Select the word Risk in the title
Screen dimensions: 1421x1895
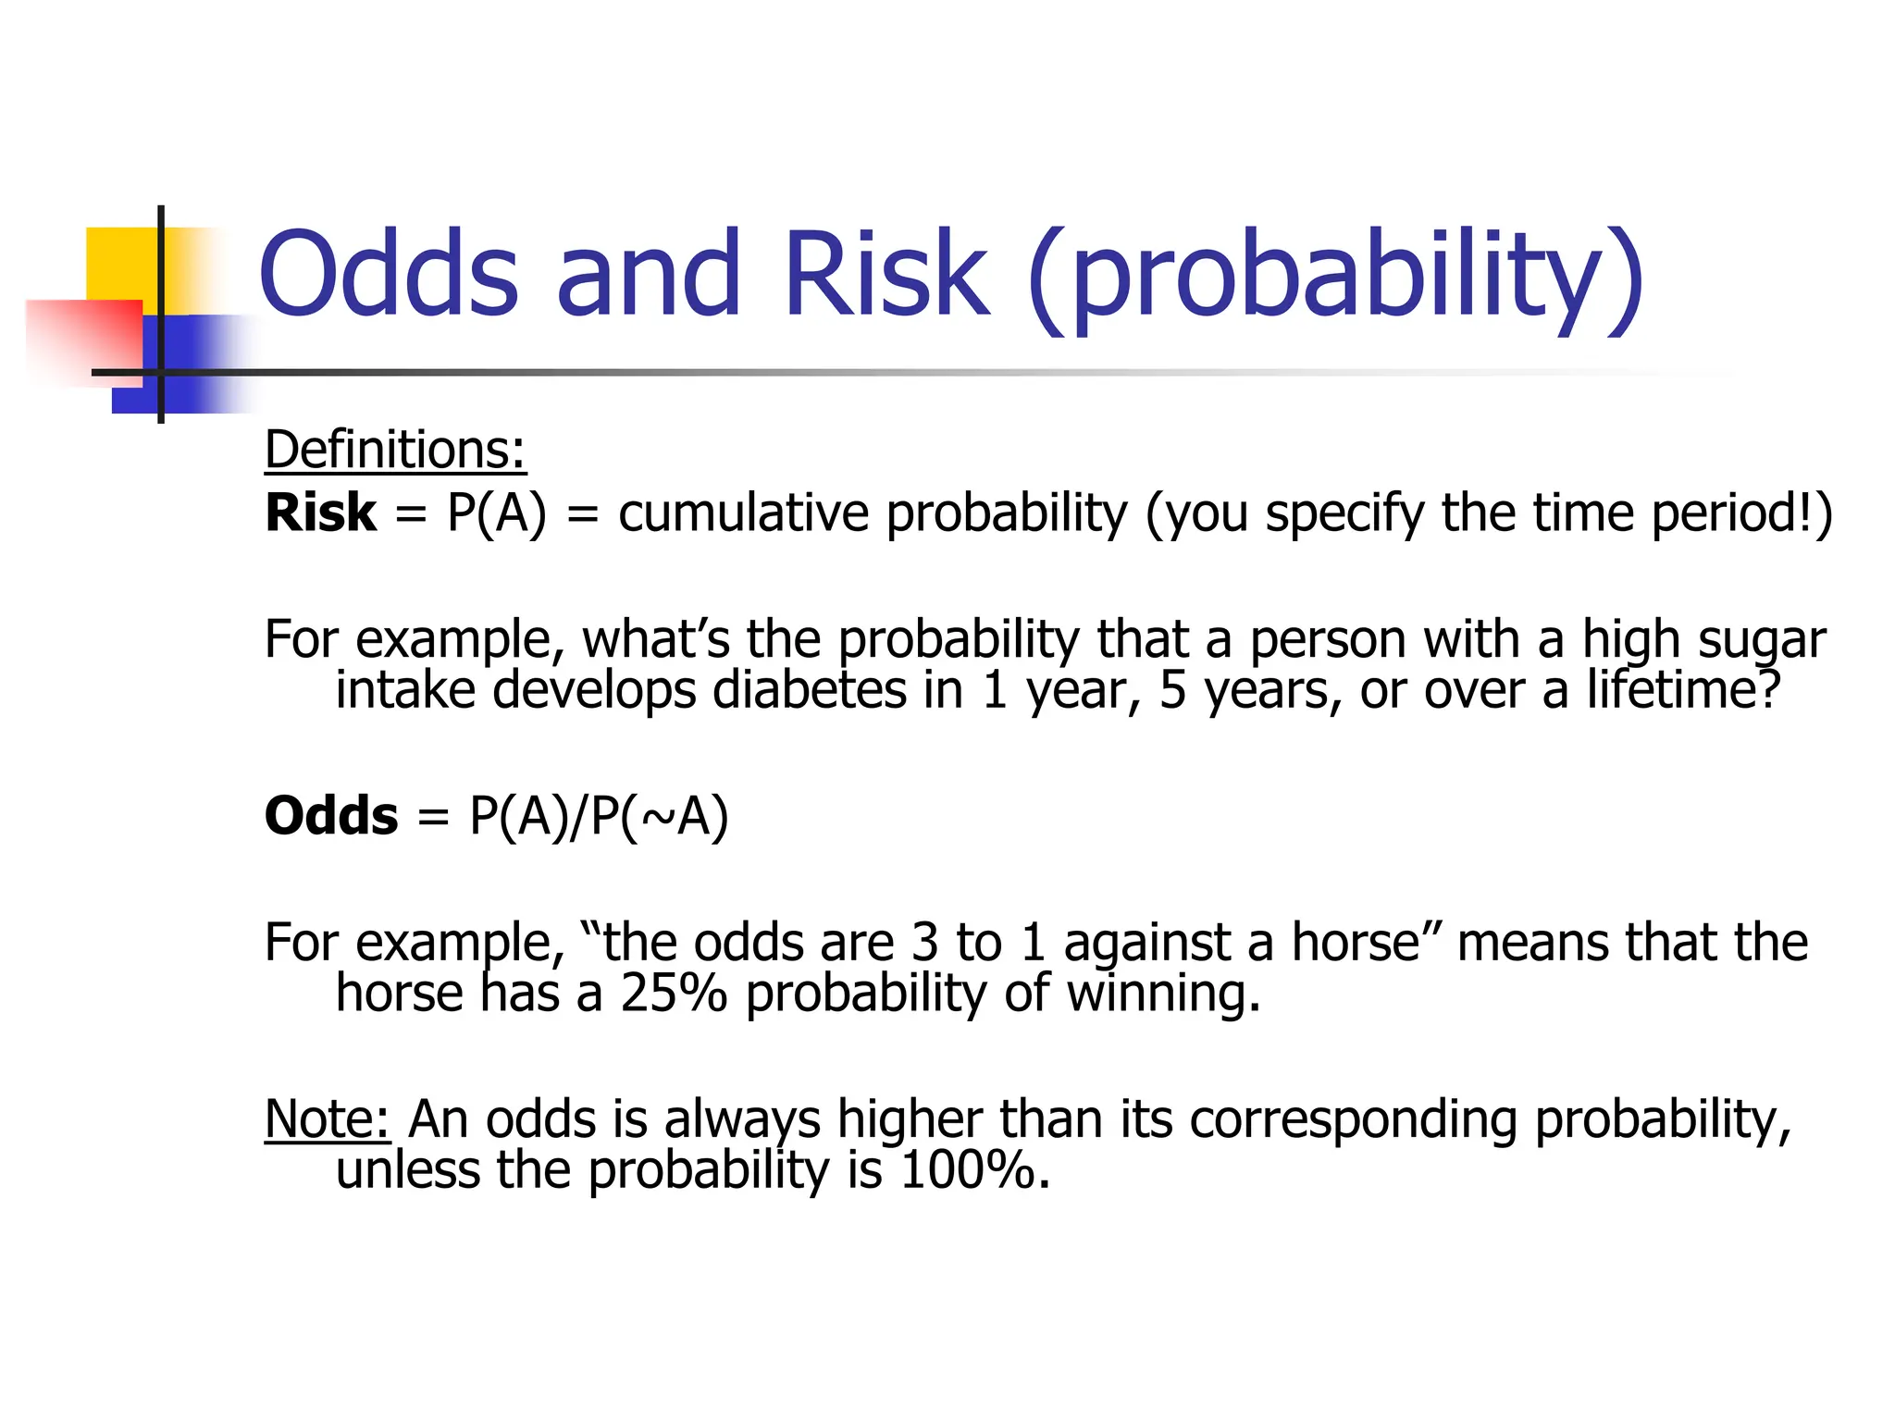tap(886, 275)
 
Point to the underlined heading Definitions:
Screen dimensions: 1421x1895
tap(395, 451)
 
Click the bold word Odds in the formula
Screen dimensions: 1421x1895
tap(331, 816)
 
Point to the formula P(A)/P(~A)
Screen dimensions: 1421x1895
tap(599, 816)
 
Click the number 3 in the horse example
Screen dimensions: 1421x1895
tap(924, 943)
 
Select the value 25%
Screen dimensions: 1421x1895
tap(674, 994)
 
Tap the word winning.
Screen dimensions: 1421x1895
tap(1163, 994)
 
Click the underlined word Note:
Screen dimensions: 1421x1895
tap(328, 1119)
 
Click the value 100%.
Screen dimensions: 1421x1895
tap(974, 1170)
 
